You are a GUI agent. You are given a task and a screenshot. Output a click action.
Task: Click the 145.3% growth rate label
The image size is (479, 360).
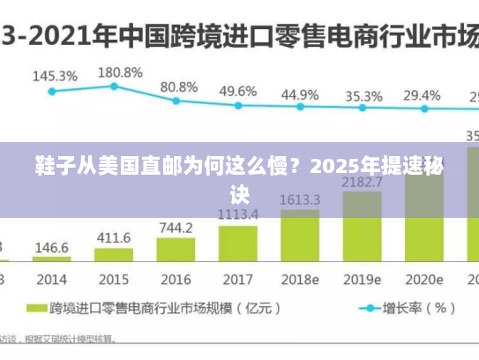55,77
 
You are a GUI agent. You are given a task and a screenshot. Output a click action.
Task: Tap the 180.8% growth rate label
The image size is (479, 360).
118,72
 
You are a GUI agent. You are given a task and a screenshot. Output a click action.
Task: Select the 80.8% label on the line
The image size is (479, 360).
178,87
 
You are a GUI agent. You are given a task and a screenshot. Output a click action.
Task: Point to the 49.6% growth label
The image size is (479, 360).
238,91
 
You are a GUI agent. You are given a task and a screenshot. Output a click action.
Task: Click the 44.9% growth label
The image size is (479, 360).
300,94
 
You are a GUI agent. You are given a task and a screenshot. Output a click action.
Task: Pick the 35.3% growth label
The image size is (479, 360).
363,95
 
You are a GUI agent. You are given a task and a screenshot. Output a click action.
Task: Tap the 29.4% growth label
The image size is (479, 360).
422,94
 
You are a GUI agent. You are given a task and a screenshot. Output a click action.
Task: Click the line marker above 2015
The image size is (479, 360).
114,86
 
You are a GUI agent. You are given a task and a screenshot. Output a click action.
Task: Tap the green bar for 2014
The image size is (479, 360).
52,259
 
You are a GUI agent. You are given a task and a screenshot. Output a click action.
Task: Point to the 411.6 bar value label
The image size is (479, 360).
114,238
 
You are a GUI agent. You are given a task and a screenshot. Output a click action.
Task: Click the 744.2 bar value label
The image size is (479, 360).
176,228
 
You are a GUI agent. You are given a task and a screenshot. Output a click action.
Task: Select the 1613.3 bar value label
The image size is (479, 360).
300,200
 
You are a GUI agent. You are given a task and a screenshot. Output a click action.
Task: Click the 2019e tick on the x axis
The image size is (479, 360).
363,279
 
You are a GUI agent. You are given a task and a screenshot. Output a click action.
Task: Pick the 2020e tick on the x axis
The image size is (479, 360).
423,279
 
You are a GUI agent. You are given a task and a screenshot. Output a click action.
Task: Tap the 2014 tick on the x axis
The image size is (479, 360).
52,279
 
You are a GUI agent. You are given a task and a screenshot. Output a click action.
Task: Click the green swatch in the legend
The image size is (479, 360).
35,309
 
